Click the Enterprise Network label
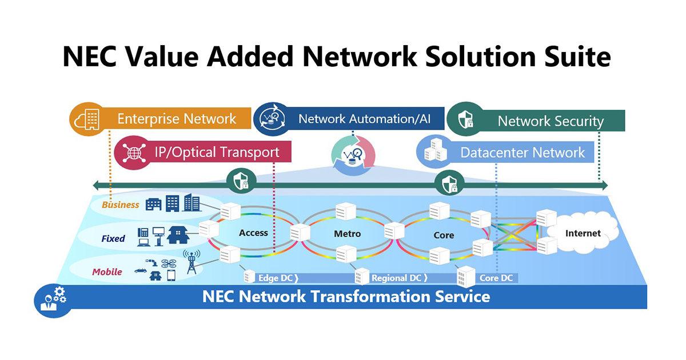177,119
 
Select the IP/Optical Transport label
217,152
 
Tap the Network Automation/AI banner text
364,119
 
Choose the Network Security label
550,121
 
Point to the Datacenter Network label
523,153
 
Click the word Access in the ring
253,233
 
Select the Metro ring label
347,234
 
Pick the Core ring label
444,235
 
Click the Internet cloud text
583,233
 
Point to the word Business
121,205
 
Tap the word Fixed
113,238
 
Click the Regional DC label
396,278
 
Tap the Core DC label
496,278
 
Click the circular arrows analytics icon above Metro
353,154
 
